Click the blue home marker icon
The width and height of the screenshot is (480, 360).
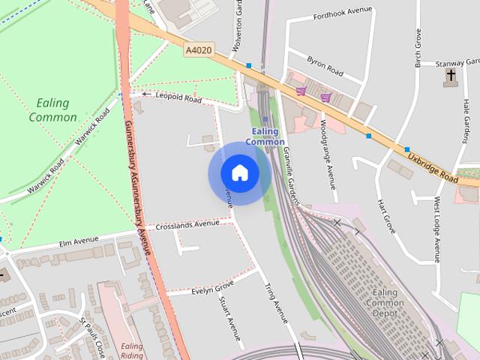pyautogui.click(x=240, y=173)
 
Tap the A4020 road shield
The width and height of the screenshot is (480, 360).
pyautogui.click(x=197, y=49)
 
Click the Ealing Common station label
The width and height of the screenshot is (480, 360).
pyautogui.click(x=265, y=136)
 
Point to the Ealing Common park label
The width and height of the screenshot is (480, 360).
pyautogui.click(x=52, y=109)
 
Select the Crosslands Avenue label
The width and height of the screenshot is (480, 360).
pyautogui.click(x=187, y=224)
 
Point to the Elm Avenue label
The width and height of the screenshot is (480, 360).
pyautogui.click(x=79, y=241)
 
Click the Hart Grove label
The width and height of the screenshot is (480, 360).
pyautogui.click(x=386, y=216)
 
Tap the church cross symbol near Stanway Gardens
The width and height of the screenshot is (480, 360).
pyautogui.click(x=451, y=75)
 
